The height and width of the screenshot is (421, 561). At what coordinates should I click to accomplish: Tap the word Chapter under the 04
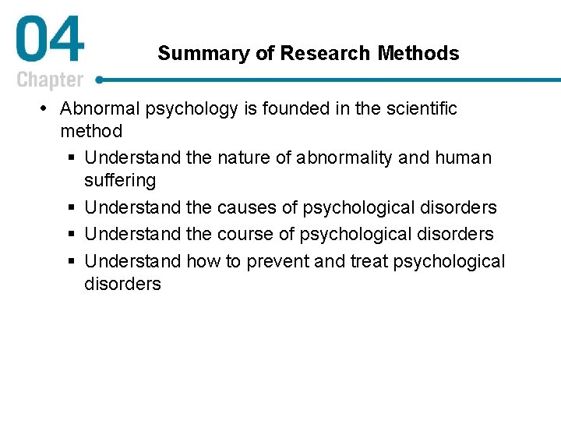[x=49, y=80]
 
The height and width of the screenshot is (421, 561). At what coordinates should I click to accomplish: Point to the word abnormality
[x=344, y=157]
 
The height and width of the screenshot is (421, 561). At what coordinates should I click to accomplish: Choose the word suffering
[x=120, y=181]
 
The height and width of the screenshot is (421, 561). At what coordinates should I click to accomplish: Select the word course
[x=243, y=234]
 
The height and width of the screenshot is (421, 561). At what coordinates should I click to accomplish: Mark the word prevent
[x=274, y=261]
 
